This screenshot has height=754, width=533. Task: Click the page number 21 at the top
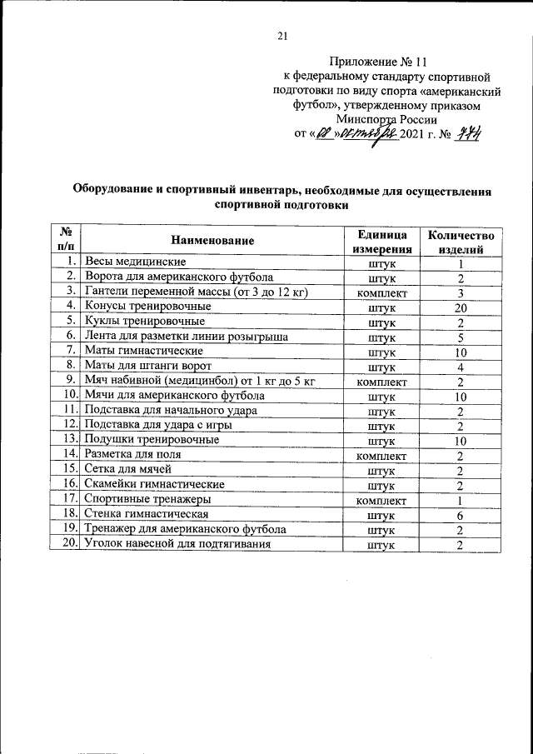click(x=281, y=35)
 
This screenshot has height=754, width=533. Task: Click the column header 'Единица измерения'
click(x=381, y=241)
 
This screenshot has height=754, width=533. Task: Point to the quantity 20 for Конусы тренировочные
click(x=460, y=307)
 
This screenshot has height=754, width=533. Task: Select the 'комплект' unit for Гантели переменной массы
click(x=381, y=292)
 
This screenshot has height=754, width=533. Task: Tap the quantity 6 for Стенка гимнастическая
click(x=460, y=514)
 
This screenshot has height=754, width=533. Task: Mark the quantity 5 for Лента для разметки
click(x=460, y=337)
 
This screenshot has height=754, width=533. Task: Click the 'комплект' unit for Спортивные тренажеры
click(x=381, y=500)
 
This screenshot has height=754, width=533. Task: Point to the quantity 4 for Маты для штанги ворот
click(x=460, y=367)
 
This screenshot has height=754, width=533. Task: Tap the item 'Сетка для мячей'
click(x=125, y=469)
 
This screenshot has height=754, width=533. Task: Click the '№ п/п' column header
click(x=66, y=241)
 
